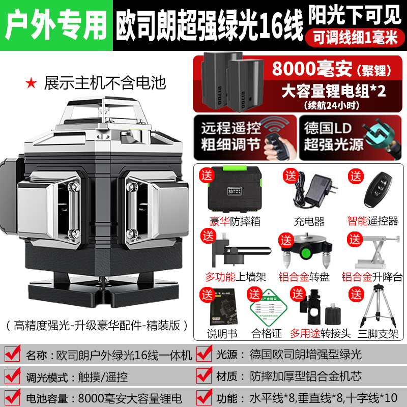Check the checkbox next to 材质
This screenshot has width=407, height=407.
click(205, 376)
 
